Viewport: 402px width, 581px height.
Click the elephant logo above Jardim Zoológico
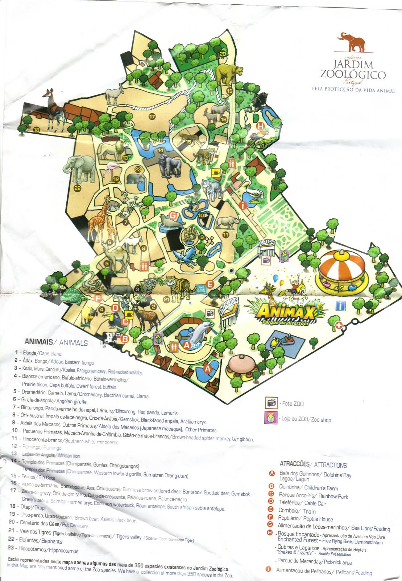(x=351, y=41)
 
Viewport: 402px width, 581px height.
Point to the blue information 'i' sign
(x=340, y=305)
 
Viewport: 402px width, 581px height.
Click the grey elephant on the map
(x=80, y=168)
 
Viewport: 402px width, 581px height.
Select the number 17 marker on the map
(x=152, y=117)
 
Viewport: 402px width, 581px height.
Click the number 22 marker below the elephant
(x=77, y=188)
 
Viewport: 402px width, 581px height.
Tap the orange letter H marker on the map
(x=260, y=126)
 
